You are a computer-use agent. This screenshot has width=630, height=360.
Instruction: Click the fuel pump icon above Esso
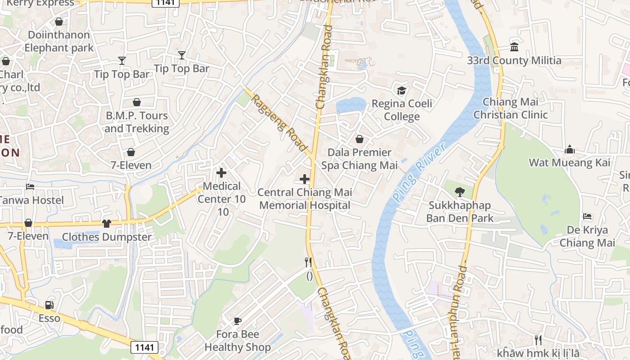(49, 305)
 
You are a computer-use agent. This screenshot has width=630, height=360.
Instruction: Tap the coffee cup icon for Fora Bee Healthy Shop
(238, 321)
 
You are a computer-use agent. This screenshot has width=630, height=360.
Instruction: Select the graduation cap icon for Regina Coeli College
(401, 90)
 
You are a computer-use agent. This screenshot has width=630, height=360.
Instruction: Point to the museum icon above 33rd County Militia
(514, 47)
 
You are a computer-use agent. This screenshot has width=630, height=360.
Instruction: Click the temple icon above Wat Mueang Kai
(570, 149)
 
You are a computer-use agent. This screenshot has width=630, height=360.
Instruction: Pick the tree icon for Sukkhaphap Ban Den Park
(459, 192)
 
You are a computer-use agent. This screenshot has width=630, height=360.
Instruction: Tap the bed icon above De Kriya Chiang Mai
(587, 216)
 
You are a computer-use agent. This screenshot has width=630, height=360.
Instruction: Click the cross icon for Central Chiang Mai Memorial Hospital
(305, 179)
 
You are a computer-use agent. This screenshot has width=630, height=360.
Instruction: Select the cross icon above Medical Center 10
(221, 172)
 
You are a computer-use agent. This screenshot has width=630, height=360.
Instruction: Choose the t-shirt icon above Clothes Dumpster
(107, 223)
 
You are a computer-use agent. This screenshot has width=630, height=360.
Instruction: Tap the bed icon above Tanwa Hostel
(30, 186)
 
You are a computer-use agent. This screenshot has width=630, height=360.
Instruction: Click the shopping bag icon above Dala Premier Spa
(360, 139)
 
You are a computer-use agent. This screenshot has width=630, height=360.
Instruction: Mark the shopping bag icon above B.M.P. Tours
(137, 102)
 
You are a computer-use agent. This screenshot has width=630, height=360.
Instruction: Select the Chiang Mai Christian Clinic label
(510, 108)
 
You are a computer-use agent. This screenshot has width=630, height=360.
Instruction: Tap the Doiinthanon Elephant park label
(59, 41)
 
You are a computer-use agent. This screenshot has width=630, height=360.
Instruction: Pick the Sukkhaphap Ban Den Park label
(459, 212)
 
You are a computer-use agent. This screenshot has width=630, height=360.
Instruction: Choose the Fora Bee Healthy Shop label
(238, 341)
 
